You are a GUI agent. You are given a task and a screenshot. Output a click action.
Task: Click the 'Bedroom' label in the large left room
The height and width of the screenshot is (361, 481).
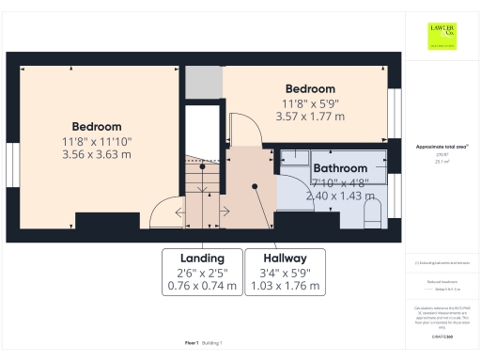(x=97, y=126)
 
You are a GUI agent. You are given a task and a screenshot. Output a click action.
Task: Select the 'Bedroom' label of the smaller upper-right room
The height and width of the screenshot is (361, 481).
(x=310, y=89)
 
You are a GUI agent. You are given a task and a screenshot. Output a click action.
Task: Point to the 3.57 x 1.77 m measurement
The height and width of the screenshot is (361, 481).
(x=310, y=117)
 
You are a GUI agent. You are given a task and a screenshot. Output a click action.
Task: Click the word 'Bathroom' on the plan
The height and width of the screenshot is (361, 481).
(x=340, y=169)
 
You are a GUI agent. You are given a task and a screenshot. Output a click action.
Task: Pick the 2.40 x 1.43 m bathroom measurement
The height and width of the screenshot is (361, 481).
(x=340, y=196)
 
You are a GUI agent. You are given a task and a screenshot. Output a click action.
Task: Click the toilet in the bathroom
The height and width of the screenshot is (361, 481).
(x=372, y=212)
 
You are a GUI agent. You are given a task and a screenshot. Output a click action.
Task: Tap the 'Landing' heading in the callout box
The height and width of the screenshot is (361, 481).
(x=202, y=258)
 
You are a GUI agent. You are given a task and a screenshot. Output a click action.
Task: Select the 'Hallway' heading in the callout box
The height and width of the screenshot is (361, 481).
(x=285, y=258)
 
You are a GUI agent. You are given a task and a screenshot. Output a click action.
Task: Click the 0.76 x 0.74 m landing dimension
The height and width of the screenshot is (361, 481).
(x=202, y=285)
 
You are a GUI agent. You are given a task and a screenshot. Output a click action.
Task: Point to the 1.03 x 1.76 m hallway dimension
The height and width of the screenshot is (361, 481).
(x=285, y=285)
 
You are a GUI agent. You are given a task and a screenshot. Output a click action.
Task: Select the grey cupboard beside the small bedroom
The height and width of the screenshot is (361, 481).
(x=201, y=84)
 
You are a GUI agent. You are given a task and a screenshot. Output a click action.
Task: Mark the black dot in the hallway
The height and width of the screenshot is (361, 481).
(x=255, y=186)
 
